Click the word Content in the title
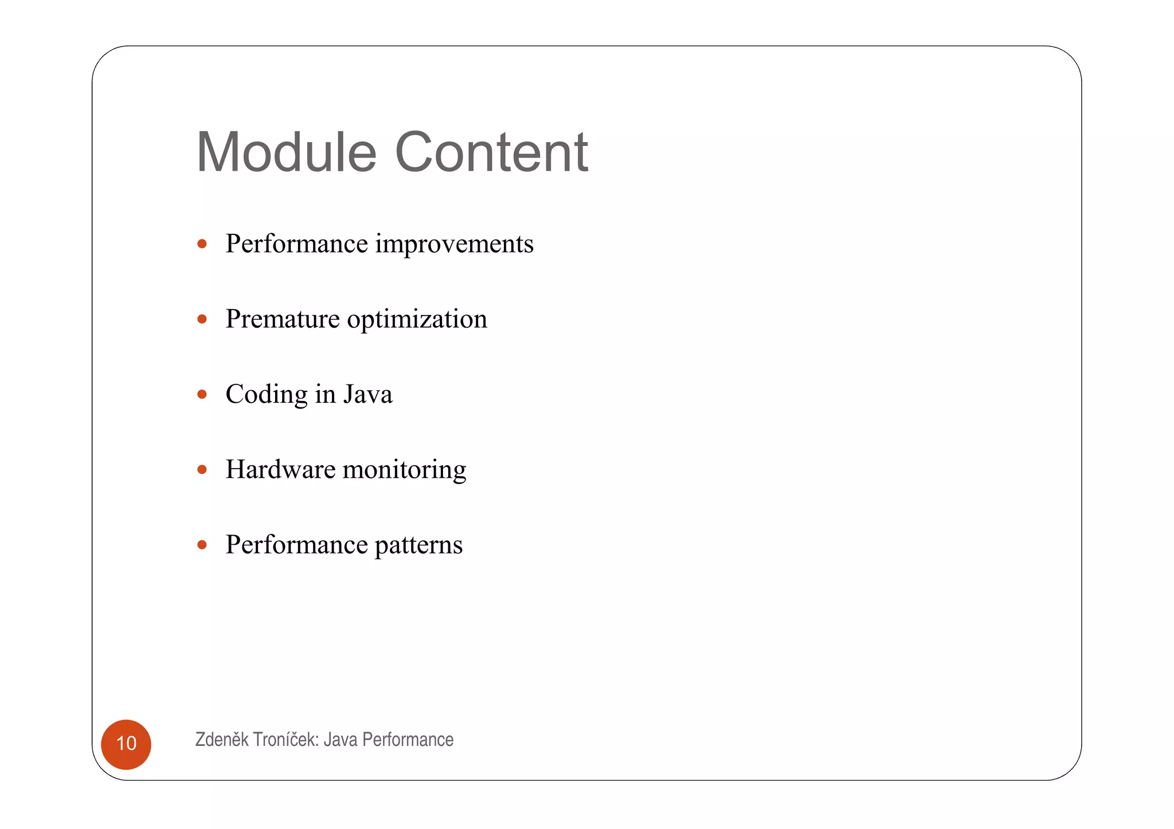491,152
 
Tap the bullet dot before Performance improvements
202,244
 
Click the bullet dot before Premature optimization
202,319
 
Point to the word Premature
282,319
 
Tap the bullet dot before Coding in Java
202,394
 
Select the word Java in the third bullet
367,394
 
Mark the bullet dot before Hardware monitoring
202,470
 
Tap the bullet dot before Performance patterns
202,545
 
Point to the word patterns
418,545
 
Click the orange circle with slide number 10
126,744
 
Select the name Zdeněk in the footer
222,740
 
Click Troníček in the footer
285,740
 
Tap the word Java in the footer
341,740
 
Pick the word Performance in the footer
408,740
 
